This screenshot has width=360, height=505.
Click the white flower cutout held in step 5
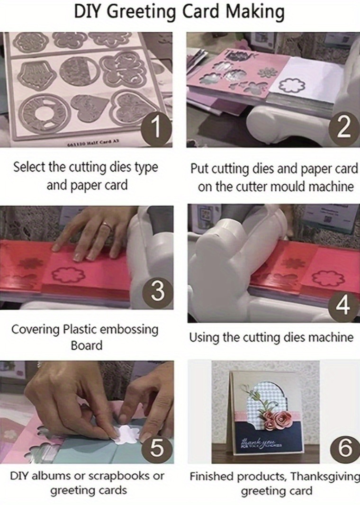(x=127, y=432)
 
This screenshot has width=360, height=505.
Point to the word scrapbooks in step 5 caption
(x=118, y=476)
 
